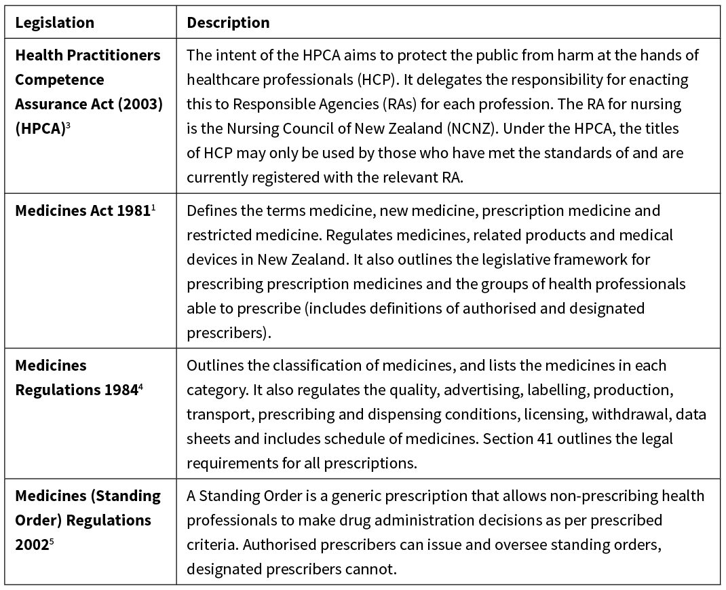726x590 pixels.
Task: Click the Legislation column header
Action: (54, 22)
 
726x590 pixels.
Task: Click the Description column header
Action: (228, 22)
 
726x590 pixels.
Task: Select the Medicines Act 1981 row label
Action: (81, 210)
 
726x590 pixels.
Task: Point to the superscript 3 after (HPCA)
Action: (69, 124)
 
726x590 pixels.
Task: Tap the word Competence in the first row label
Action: (60, 79)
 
